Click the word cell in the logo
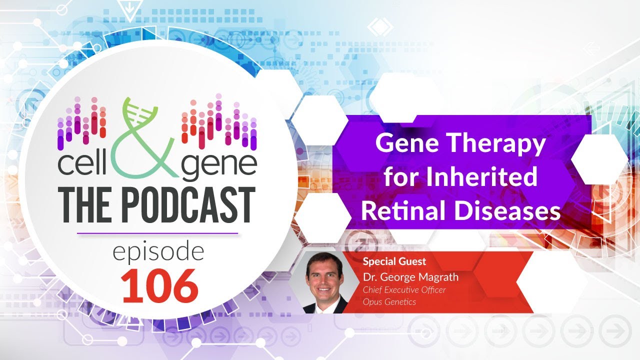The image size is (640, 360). [82, 166]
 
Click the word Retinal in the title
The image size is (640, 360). [404, 211]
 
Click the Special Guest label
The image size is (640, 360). [394, 261]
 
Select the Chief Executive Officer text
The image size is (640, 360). [404, 289]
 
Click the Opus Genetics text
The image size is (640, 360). [389, 301]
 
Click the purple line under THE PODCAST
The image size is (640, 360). [158, 233]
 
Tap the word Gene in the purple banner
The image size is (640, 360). [403, 144]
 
